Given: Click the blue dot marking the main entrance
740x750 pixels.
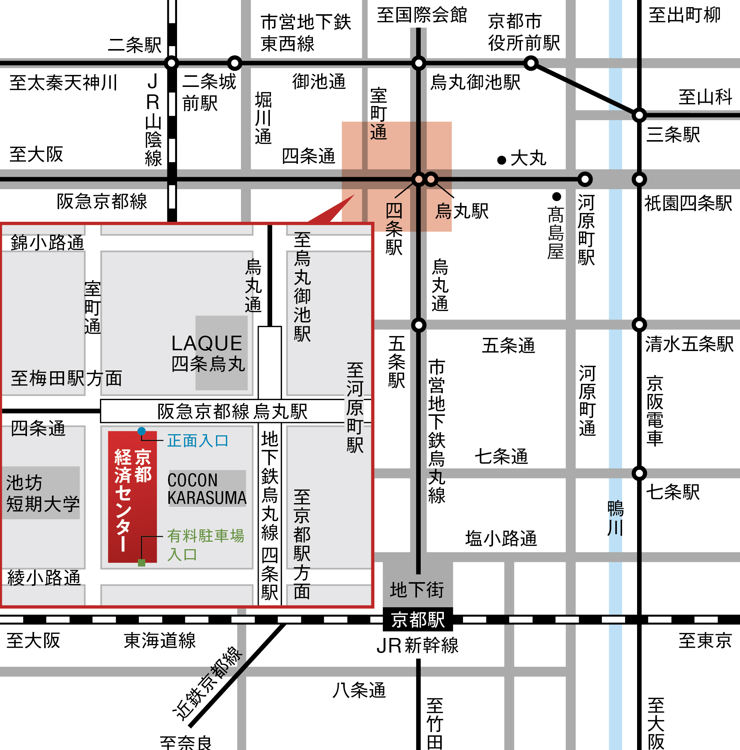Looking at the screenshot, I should tap(141, 431).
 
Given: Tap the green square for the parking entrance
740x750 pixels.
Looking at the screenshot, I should tap(141, 563).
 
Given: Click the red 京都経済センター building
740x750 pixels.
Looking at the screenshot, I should tap(132, 496).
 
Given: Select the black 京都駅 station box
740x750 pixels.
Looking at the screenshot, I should tap(418, 620).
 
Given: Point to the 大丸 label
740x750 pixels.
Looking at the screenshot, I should tap(528, 158).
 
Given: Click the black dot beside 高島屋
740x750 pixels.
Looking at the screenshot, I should tap(557, 196).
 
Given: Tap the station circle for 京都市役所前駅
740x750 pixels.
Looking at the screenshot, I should tap(531, 63).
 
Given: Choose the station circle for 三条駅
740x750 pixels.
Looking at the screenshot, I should tap(639, 115).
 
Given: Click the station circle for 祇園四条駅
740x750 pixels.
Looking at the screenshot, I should tap(639, 179).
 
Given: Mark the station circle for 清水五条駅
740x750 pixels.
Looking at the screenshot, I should tap(639, 324).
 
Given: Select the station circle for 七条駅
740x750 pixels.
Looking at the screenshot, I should tap(639, 473).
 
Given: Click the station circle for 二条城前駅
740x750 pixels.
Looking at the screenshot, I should tap(234, 63).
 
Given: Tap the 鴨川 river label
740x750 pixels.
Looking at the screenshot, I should tap(615, 518).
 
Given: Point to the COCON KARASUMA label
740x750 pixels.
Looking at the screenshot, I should tap(207, 489).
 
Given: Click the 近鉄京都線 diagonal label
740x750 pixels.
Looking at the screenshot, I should tap(208, 683).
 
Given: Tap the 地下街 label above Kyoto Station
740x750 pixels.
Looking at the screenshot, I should tap(417, 590).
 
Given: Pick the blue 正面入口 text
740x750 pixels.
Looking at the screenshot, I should tap(197, 441).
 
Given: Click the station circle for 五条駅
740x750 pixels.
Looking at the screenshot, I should tap(418, 325).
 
